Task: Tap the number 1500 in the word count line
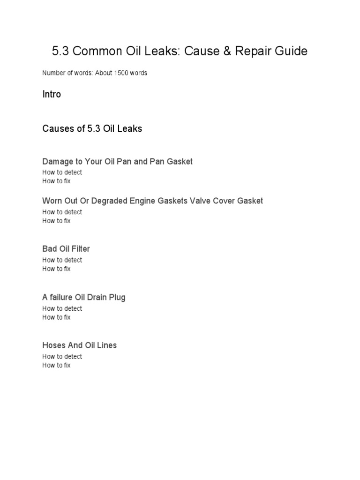click(121, 73)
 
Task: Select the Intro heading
click(52, 94)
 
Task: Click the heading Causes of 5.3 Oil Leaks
click(92, 128)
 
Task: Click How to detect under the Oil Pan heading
click(62, 172)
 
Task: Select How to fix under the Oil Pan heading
click(56, 181)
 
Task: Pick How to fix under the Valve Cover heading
click(56, 221)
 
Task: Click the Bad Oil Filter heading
click(66, 249)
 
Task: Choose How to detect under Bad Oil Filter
click(62, 260)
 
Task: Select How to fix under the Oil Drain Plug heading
click(56, 317)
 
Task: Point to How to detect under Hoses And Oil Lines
click(62, 356)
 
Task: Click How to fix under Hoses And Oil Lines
click(56, 365)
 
